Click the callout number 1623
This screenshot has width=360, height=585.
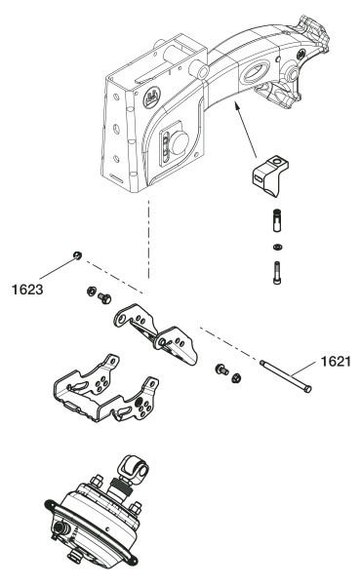click(x=27, y=290)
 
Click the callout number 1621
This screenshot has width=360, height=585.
click(x=336, y=361)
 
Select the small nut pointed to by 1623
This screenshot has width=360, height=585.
click(x=78, y=255)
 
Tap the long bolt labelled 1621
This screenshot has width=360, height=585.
click(x=286, y=375)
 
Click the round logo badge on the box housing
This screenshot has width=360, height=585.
click(x=152, y=97)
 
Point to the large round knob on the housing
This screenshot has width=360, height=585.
click(x=180, y=143)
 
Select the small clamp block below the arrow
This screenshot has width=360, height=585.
click(x=271, y=175)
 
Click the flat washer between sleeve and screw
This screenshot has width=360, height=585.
click(x=277, y=247)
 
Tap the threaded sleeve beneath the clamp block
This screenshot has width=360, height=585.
click(x=277, y=221)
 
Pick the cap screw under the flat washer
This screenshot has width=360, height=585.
click(x=277, y=273)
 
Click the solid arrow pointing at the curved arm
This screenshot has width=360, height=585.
click(x=245, y=131)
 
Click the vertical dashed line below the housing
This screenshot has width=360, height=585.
click(x=148, y=239)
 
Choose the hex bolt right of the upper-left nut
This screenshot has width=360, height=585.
click(x=104, y=298)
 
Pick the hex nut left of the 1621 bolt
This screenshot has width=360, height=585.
click(x=236, y=378)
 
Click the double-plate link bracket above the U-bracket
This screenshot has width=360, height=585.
click(x=155, y=332)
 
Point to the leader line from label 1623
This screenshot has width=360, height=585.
click(x=58, y=268)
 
